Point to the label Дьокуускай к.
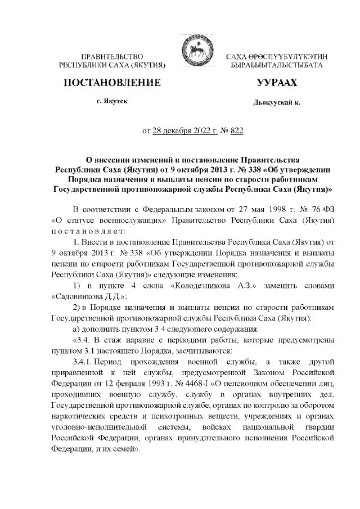click(277, 102)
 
